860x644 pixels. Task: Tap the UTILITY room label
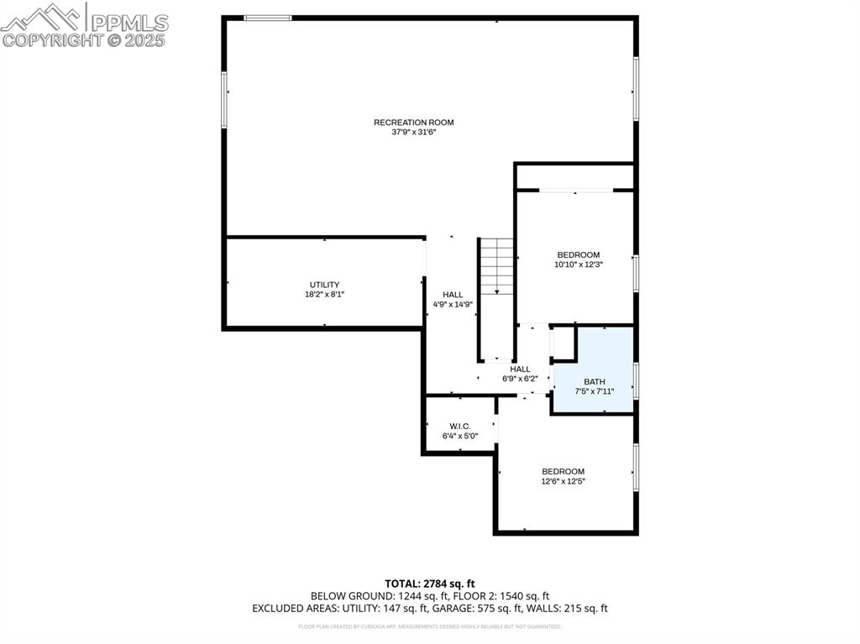324,285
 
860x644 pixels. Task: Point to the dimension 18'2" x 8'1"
324,295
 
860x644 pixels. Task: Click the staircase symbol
496,266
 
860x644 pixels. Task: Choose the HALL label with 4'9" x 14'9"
453,295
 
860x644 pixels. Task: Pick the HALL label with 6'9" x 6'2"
520,369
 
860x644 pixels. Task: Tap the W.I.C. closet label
459,426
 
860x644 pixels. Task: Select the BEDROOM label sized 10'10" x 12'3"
579,254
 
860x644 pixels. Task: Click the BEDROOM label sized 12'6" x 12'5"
563,471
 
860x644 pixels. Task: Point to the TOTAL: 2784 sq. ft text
430,583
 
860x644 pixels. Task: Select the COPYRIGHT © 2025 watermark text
84,39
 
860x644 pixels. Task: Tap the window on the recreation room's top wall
267,18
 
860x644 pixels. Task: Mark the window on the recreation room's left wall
224,99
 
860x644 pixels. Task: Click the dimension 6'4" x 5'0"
459,436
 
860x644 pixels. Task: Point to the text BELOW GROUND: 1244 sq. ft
370,595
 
